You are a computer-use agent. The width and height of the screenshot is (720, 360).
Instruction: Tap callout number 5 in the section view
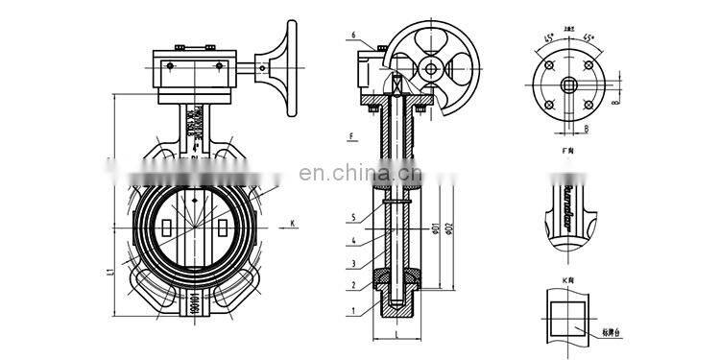354,217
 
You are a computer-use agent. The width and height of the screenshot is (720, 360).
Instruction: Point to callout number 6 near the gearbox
354,36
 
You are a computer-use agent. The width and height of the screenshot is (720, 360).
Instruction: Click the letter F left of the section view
352,135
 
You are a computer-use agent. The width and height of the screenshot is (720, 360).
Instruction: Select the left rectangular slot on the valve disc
168,229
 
